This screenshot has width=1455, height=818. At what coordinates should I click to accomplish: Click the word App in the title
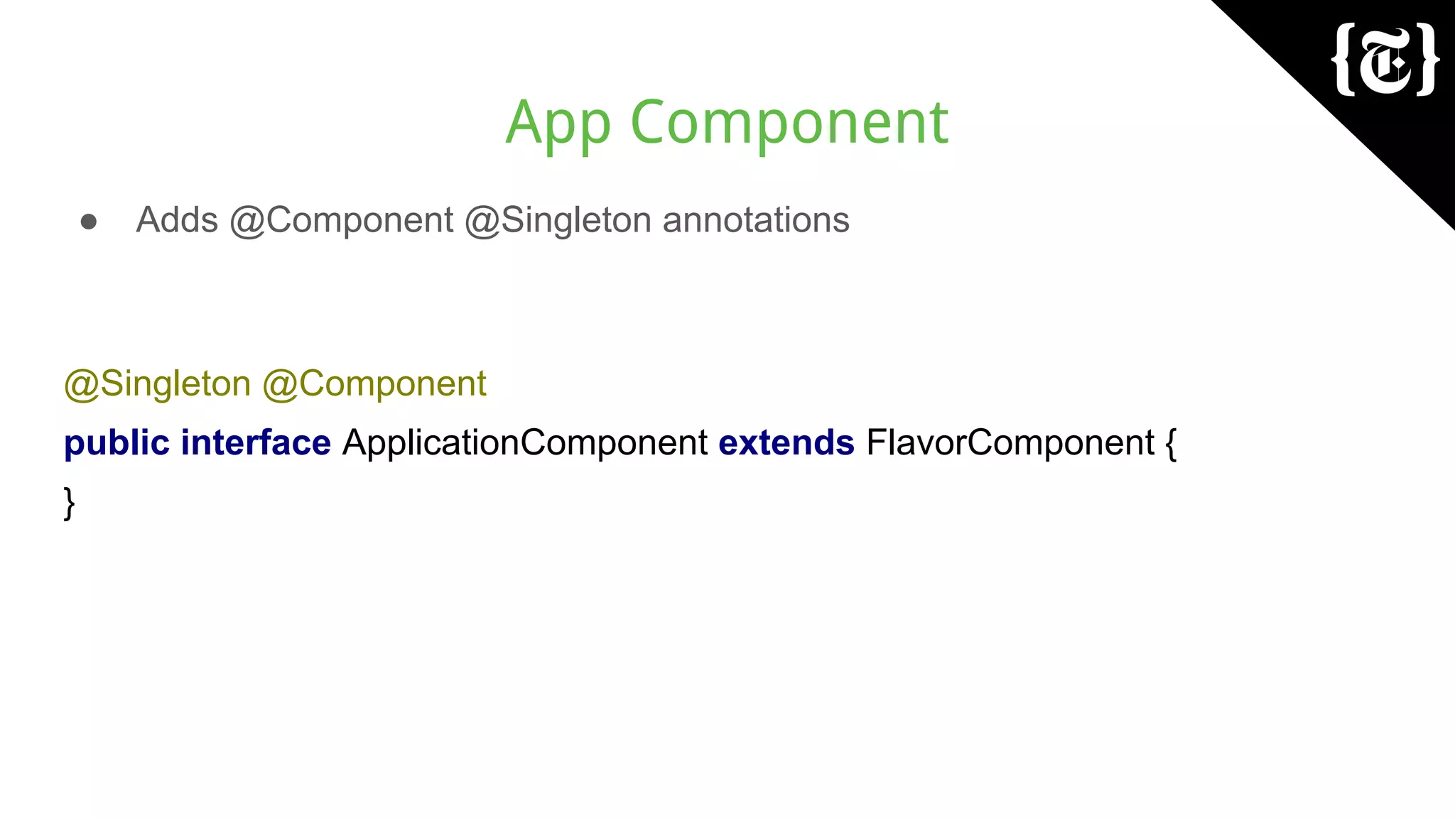558,123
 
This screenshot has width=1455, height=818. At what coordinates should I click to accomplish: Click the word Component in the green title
789,123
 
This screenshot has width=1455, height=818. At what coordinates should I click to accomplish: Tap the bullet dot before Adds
89,222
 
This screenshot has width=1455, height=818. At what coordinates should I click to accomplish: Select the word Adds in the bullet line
177,220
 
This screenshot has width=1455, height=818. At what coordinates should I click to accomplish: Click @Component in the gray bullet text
341,220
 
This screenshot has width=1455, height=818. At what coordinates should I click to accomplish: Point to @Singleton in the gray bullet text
558,220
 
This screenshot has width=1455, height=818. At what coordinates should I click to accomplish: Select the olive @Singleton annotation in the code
157,384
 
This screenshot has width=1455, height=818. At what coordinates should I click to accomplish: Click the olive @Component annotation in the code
374,384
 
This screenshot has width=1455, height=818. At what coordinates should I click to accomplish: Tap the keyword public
117,443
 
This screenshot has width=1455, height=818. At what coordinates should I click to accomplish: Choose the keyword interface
256,443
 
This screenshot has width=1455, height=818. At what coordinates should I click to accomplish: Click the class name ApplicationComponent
525,443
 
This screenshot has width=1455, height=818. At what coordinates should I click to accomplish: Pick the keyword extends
786,443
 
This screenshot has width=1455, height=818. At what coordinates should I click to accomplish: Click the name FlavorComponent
1010,443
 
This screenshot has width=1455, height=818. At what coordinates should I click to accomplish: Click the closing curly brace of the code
69,503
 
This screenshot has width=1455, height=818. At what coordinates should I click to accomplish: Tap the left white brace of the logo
1344,59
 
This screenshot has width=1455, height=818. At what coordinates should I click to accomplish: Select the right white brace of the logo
1427,59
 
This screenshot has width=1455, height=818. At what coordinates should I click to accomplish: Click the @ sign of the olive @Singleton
81,386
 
